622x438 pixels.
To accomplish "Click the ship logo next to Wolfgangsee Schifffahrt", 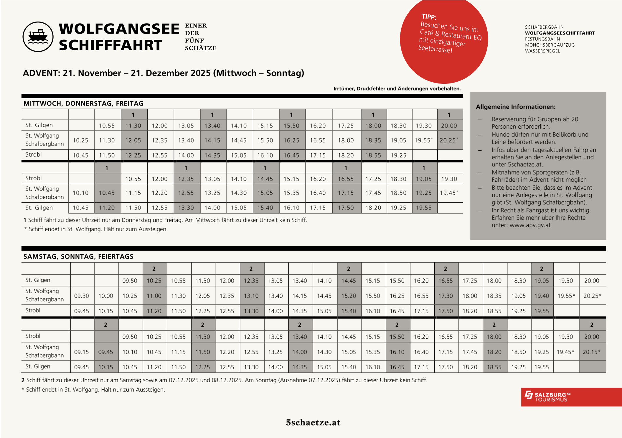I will (38, 37).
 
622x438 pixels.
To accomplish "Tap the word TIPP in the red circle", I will (429, 17).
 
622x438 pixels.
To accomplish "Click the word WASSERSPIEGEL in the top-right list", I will (542, 51).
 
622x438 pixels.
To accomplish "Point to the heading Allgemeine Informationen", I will (516, 107).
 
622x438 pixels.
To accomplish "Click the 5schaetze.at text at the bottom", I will (313, 422).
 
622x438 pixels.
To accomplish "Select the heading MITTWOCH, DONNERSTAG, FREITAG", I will (83, 104).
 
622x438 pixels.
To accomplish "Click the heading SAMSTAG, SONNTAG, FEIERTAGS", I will (78, 257).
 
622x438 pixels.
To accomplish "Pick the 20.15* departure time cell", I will (591, 352).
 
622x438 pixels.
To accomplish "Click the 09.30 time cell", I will (82, 296).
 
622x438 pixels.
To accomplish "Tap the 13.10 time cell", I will (251, 296).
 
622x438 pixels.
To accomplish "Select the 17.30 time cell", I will (445, 296).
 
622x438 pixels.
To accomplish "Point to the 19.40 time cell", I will (542, 296).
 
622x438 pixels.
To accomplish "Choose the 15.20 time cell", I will (349, 296).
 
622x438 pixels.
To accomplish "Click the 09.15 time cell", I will (82, 352).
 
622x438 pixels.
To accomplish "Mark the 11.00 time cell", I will (154, 296).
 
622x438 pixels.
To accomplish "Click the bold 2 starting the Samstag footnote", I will (23, 380).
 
